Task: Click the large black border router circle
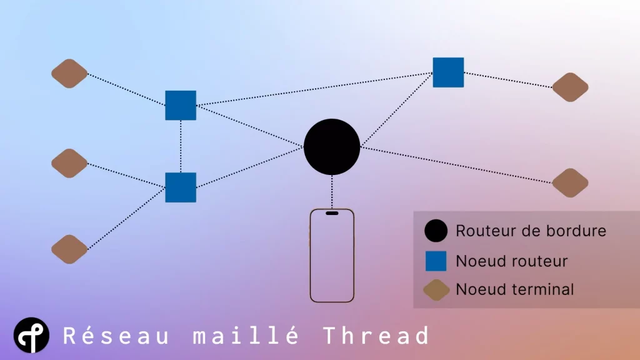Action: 332,146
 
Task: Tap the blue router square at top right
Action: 448,72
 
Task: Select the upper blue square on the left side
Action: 181,105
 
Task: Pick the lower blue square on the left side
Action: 181,187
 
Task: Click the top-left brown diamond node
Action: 69,74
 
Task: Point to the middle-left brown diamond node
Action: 69,164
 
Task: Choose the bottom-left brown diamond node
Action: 69,249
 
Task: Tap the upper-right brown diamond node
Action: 570,87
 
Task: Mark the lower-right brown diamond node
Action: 570,183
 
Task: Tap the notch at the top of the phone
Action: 332,213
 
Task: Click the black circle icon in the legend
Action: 436,231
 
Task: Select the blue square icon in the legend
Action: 436,261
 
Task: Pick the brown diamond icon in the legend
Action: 436,290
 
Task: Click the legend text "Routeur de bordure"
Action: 531,231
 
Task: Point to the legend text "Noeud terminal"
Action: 514,289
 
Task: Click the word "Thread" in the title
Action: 376,336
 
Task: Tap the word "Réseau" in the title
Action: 116,336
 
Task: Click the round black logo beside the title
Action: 31,336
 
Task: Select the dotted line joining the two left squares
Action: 181,146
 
